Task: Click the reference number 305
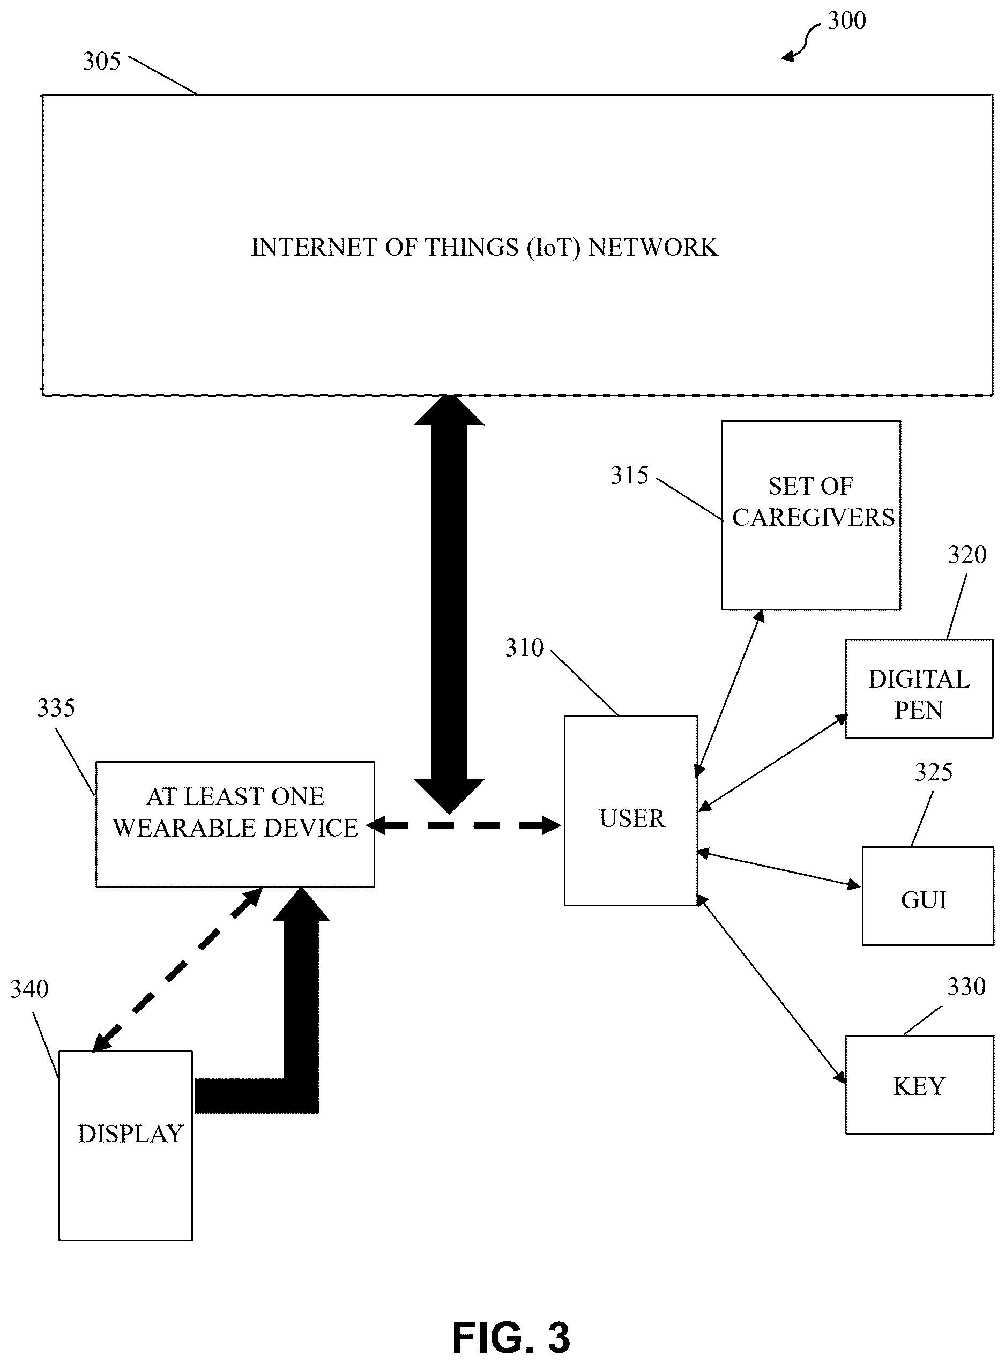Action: [102, 62]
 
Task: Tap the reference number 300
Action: [847, 21]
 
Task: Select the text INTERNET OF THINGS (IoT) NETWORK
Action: [485, 248]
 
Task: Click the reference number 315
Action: [630, 476]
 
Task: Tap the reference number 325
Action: [934, 773]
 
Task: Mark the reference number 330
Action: [966, 987]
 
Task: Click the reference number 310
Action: [524, 649]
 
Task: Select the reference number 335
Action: [56, 708]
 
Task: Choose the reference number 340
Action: [29, 989]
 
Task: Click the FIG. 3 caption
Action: [511, 1337]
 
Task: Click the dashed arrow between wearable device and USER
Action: [464, 825]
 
